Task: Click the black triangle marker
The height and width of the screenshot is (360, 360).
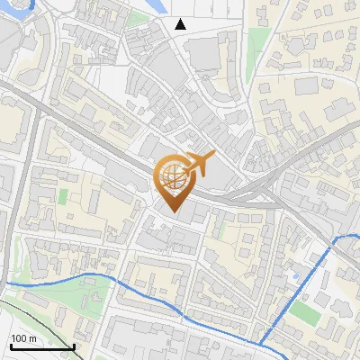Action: coord(181,24)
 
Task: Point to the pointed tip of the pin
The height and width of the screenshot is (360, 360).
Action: coord(173,211)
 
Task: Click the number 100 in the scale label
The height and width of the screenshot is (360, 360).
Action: coord(20,338)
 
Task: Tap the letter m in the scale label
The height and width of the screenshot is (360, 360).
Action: coord(32,338)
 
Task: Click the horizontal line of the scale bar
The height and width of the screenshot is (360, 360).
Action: coord(41,347)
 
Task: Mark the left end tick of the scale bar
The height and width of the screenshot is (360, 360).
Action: coord(10,346)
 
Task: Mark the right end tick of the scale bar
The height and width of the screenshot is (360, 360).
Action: coord(74,346)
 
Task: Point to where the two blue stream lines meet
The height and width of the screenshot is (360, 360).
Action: coord(262,344)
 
